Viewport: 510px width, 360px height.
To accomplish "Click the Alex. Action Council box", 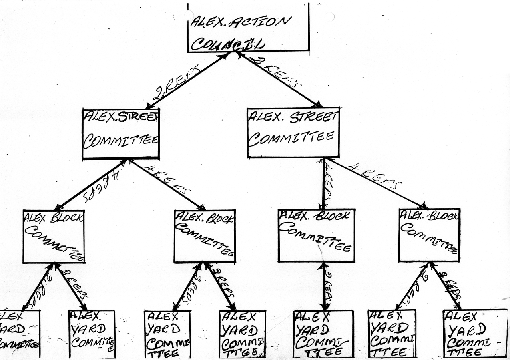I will [x=248, y=28].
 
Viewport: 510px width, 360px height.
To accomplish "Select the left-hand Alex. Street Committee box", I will [x=121, y=134].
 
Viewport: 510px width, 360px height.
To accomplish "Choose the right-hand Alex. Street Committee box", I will [x=293, y=132].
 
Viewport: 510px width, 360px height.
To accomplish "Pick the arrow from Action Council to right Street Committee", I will [x=280, y=80].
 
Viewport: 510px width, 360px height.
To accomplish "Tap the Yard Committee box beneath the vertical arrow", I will [x=323, y=334].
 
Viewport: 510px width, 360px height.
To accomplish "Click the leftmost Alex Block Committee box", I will [x=54, y=236].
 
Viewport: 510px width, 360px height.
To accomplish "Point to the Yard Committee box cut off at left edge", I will [x=19, y=334].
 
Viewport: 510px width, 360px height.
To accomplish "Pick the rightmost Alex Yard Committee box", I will [x=475, y=333].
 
